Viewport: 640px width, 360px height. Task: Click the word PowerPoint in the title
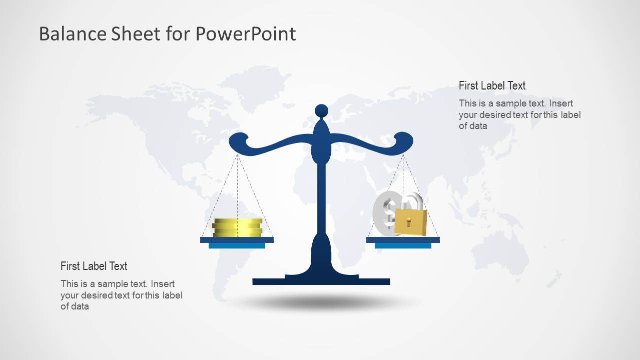tap(245, 34)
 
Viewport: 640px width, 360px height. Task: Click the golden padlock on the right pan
tap(410, 221)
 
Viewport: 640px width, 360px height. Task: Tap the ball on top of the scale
tap(321, 110)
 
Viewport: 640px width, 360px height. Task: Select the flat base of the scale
tap(321, 281)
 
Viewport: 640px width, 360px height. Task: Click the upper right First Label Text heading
tap(492, 85)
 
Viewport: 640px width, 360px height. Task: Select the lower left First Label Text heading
tap(94, 266)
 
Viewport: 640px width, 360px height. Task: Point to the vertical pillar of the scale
tap(321, 200)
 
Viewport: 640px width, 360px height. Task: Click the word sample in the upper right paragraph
tap(509, 103)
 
